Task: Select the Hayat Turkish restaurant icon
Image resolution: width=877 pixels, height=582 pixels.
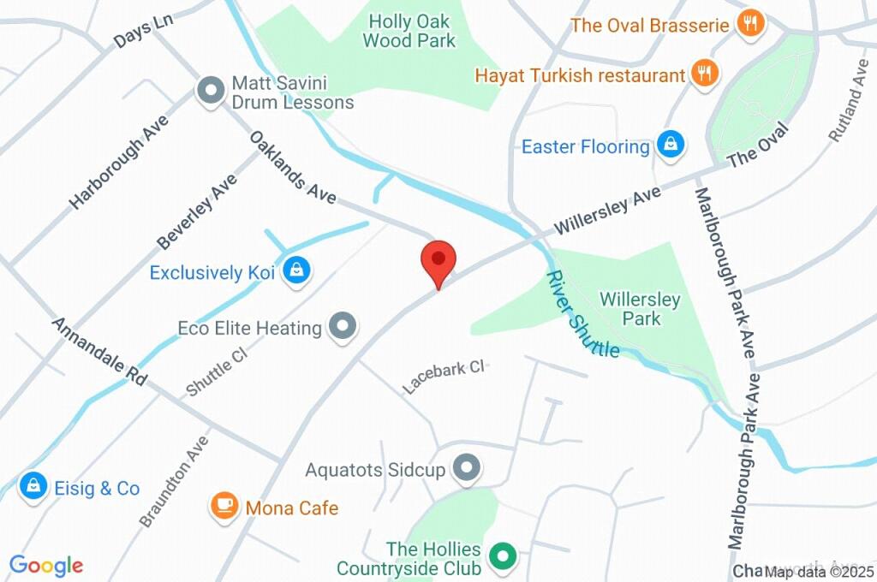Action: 705,74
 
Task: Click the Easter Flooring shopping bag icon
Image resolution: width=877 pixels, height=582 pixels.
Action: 671,145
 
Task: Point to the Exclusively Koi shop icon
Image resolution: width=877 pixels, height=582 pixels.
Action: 296,271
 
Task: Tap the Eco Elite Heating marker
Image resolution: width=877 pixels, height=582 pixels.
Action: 343,326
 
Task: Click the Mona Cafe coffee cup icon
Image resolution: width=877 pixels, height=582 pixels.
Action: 224,507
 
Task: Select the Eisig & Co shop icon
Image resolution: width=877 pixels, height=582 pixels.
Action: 33,487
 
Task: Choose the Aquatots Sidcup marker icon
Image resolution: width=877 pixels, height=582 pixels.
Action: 467,468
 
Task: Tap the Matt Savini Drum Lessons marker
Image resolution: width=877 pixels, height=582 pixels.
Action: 209,91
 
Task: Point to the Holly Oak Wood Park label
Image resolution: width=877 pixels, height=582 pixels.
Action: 409,31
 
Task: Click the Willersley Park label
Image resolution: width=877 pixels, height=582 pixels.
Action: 641,309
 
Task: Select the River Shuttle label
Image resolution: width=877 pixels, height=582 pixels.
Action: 583,314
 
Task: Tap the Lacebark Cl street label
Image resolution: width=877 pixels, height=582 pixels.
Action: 444,377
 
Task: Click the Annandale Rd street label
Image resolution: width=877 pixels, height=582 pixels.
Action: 99,351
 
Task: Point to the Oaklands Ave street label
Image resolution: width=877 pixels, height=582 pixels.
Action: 293,167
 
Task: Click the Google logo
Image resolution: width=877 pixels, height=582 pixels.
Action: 45,566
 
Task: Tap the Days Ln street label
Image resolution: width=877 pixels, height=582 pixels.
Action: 144,33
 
